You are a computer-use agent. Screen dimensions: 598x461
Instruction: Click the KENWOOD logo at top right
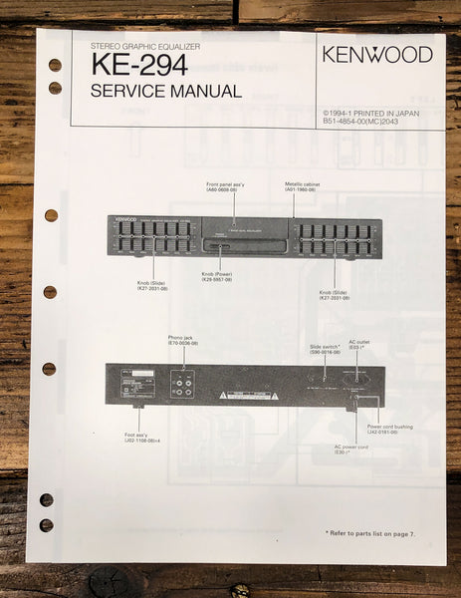click(377, 54)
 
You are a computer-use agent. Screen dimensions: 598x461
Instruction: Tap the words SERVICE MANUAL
click(165, 92)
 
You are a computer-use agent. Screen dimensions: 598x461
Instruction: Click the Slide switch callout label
click(327, 349)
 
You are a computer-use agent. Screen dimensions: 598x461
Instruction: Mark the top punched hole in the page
click(55, 65)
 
